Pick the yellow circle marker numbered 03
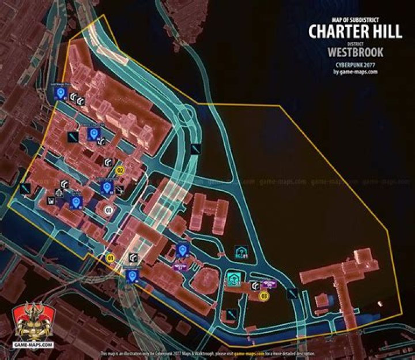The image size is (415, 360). click(x=265, y=297)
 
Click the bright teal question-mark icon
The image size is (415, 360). click(x=234, y=280)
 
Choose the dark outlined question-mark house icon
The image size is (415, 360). click(x=242, y=252)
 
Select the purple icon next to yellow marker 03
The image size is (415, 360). click(x=268, y=284)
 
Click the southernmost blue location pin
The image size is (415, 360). click(x=133, y=276)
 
